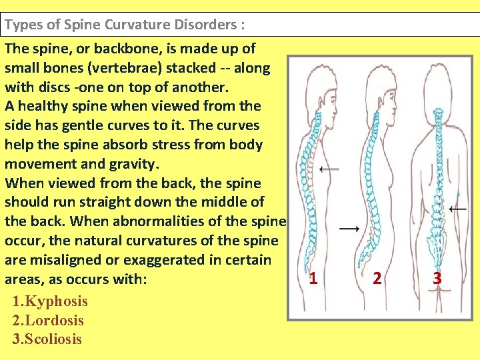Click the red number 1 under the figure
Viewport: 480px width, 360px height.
(313, 278)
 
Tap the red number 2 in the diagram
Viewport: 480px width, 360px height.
(377, 278)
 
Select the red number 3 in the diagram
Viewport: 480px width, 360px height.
(437, 278)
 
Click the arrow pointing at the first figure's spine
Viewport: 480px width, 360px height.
(329, 169)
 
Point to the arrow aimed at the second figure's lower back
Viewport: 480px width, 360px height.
(349, 229)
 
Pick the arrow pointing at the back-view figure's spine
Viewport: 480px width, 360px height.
(458, 209)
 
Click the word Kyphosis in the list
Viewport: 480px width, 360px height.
(56, 301)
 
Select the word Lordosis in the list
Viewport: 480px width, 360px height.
(54, 320)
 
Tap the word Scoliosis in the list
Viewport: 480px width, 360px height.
(53, 339)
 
